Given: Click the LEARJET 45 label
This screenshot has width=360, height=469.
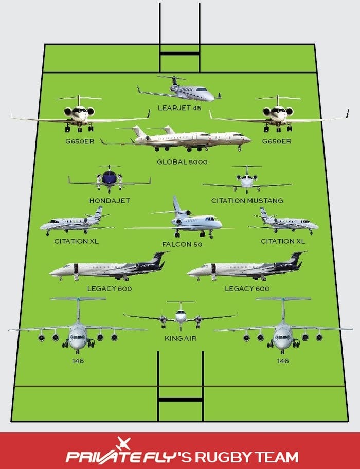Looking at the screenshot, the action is [179, 108].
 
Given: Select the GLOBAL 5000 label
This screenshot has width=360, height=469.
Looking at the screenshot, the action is [182, 162].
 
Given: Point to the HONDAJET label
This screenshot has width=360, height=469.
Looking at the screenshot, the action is [110, 201].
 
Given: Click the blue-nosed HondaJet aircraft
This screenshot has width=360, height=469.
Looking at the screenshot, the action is [110, 179].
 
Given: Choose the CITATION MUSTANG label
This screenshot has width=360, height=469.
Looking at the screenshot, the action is [247, 201].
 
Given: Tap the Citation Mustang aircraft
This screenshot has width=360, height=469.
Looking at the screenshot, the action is [247, 180].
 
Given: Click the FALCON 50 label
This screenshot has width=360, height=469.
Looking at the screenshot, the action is [182, 244].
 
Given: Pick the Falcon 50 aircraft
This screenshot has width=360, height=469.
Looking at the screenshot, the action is [183, 220].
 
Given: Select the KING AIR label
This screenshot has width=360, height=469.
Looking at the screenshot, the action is [181, 338].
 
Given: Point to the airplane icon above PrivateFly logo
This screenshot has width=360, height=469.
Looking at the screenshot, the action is [124, 443].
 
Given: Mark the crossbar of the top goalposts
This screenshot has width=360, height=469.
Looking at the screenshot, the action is [179, 53].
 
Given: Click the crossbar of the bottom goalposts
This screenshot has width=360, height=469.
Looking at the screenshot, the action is [181, 399].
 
